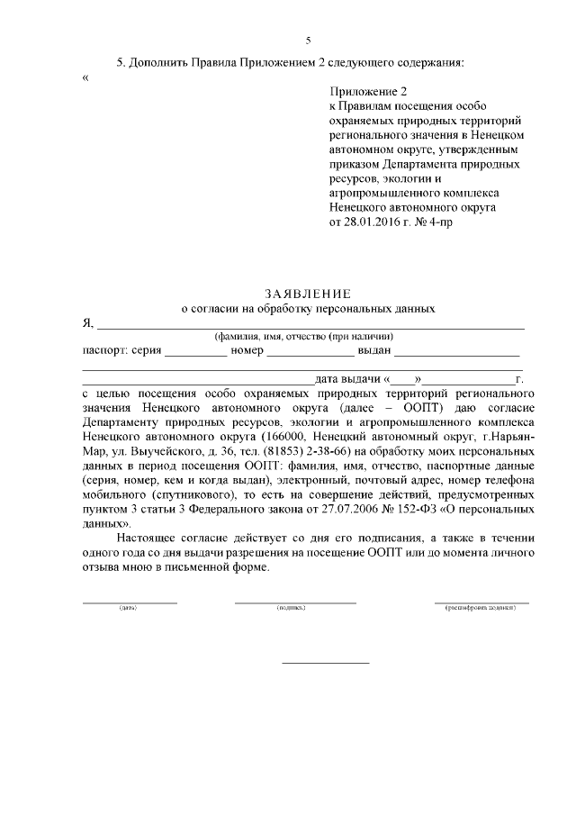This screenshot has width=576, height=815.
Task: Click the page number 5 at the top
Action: pos(308,41)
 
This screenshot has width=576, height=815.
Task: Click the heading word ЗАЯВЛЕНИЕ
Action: pos(308,294)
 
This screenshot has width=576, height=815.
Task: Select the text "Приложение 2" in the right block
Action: pos(369,91)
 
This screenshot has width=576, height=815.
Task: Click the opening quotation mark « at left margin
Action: pos(85,77)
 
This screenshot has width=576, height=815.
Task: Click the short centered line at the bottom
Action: pos(326,664)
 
